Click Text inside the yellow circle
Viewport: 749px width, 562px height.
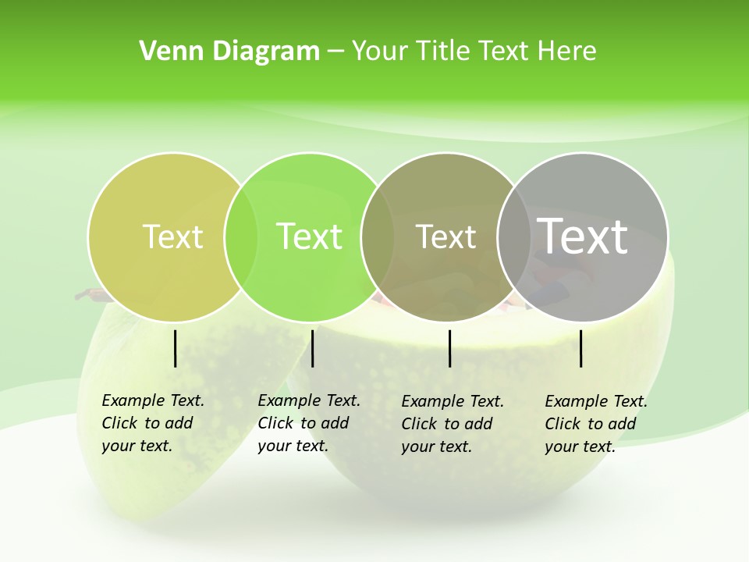click(172, 237)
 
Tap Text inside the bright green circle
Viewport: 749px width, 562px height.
click(310, 237)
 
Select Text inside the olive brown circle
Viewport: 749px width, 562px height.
click(445, 237)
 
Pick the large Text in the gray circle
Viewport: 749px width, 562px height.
click(583, 236)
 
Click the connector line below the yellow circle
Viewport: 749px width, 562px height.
click(175, 348)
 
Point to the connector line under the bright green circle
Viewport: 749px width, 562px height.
click(312, 348)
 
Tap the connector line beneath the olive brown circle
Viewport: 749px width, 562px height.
click(450, 348)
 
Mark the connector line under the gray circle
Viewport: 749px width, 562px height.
click(580, 348)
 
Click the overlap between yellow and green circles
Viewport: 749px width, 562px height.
click(241, 237)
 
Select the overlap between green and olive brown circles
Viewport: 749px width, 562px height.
click(378, 237)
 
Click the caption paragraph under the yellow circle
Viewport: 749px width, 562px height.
click(152, 423)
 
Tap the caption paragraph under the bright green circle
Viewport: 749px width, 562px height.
click(308, 423)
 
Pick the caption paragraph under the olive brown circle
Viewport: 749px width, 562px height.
click(452, 424)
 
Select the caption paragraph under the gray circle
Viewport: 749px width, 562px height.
click(595, 424)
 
